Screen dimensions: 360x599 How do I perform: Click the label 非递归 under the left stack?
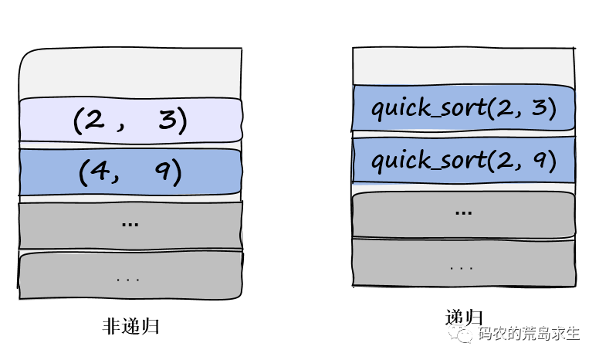(130, 326)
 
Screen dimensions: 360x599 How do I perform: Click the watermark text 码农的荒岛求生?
(529, 334)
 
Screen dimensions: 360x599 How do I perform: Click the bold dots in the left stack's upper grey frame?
(130, 224)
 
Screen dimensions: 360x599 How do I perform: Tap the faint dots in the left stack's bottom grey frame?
(129, 276)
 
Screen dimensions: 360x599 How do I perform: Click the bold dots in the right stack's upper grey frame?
(464, 211)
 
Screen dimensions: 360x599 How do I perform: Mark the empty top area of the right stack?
(463, 66)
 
